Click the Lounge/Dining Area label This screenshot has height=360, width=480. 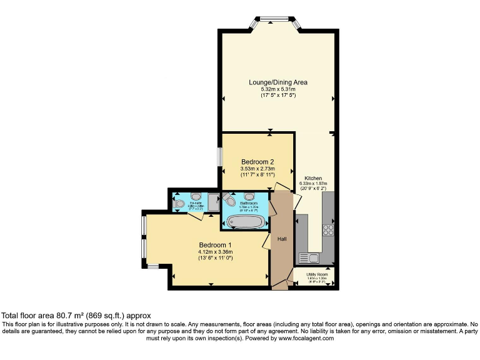point(278,82)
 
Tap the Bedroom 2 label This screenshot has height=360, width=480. point(257,162)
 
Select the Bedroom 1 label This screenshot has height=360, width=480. point(215,244)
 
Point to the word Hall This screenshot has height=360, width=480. point(282,239)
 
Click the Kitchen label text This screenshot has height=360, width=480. point(313,177)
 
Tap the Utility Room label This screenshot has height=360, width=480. point(317,274)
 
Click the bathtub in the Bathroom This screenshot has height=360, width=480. point(244,221)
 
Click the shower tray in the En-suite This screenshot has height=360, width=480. point(213,201)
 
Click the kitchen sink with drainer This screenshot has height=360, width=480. point(309,257)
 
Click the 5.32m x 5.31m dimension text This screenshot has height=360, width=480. point(278,89)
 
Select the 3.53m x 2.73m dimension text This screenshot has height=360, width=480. point(257,169)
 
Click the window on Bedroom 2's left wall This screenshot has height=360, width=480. point(220,157)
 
